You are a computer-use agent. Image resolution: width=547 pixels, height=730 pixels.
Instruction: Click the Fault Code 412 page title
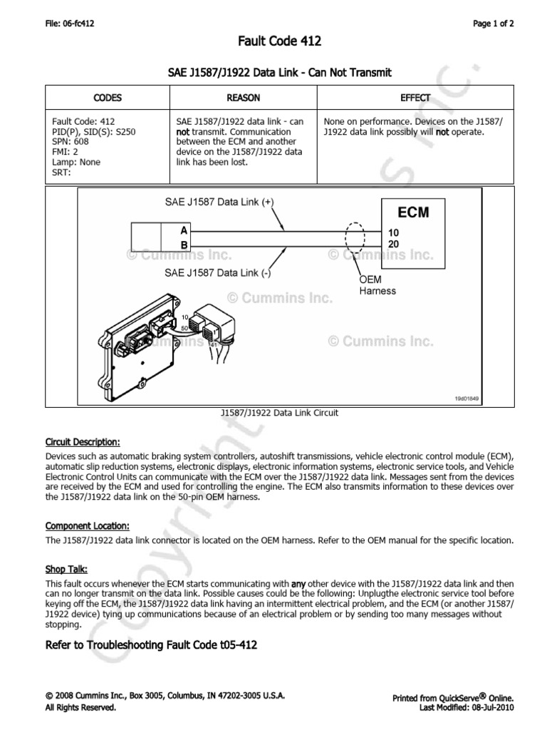273,42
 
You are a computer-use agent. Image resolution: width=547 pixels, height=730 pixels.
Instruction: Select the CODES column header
108,98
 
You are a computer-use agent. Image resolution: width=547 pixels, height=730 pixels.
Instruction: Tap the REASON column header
243,98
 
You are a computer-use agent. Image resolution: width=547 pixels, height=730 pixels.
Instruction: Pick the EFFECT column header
415,98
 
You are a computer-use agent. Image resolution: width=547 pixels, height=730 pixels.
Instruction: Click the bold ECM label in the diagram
413,212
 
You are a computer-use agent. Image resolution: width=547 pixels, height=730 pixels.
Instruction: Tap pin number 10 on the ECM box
393,233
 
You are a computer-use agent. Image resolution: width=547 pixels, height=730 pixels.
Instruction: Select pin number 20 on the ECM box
393,245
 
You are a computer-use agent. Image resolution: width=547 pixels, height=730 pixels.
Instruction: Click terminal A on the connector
184,231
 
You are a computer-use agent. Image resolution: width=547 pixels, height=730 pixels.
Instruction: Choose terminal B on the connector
184,245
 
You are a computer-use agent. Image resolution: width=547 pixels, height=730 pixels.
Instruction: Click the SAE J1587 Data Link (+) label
219,202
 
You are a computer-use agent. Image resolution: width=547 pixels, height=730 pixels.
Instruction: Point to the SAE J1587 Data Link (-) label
218,272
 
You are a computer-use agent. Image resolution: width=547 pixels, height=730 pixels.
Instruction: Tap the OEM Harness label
377,286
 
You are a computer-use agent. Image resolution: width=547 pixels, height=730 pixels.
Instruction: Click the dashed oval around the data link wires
354,238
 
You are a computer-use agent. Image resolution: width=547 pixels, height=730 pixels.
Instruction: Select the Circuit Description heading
83,441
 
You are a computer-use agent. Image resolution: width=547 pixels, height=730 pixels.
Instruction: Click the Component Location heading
88,526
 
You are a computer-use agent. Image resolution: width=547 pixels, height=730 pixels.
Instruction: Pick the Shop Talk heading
66,570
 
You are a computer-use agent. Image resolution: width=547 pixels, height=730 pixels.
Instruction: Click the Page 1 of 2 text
494,24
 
